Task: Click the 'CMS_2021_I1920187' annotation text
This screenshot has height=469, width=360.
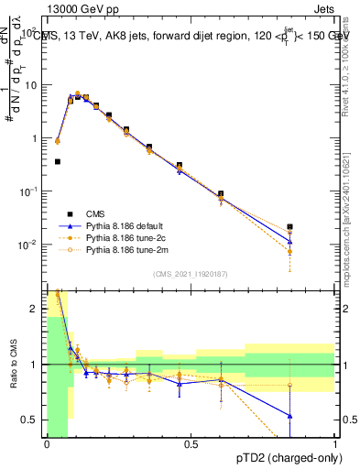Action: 190,272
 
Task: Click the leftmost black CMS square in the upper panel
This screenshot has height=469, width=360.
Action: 58,161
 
